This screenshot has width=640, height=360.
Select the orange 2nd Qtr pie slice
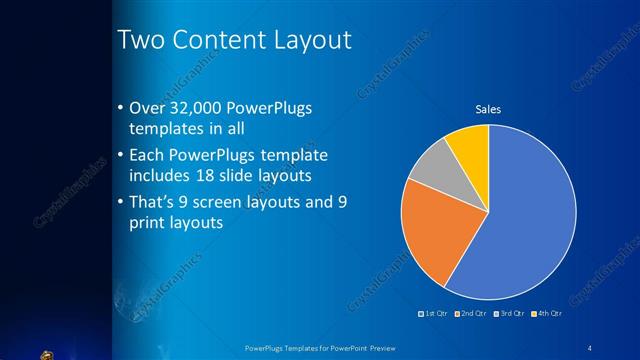coord(430,235)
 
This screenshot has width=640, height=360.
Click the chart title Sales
coord(487,109)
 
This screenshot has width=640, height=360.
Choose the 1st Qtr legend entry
coord(434,314)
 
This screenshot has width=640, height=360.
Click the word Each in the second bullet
coord(149,156)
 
